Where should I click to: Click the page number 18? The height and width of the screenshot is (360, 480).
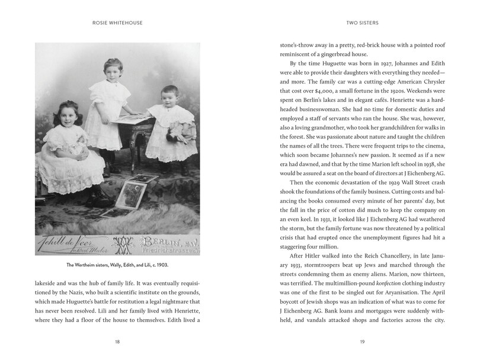121,341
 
